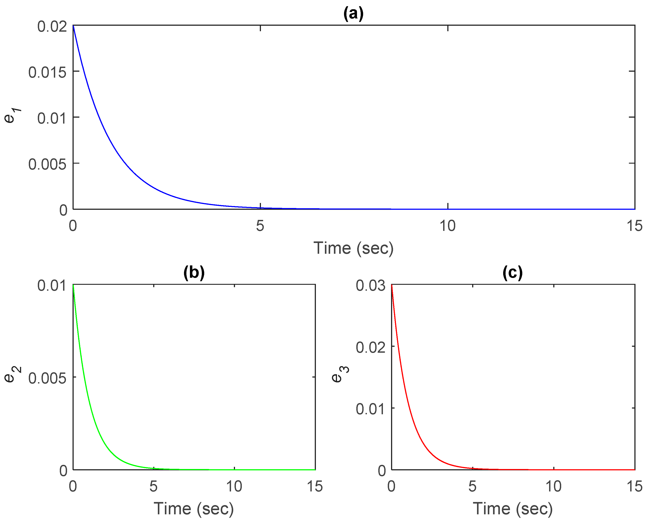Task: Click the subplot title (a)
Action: point(353,14)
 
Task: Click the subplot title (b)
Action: point(194,273)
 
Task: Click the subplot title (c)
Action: point(513,273)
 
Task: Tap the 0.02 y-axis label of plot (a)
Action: point(52,27)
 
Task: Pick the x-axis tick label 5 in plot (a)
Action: point(260,226)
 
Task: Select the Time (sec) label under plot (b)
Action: point(194,509)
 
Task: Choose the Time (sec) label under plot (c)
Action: point(513,509)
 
